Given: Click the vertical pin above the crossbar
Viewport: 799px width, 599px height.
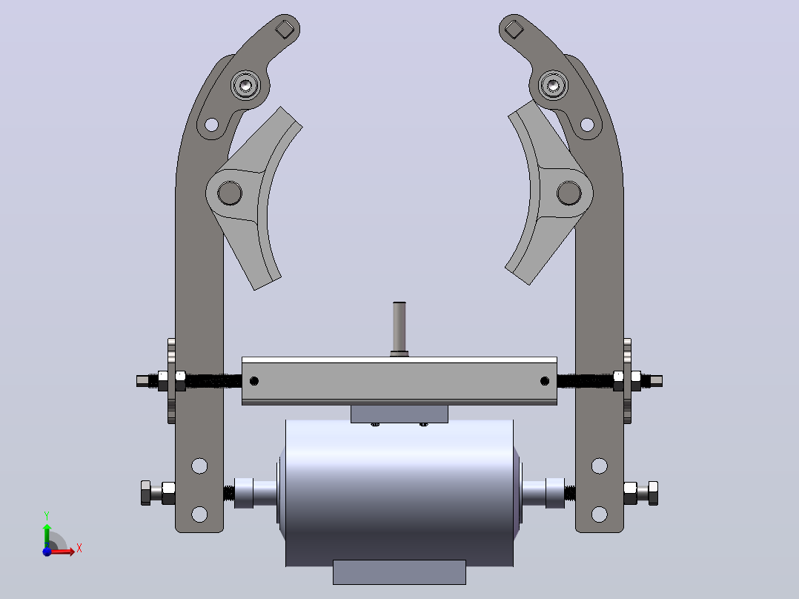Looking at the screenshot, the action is pos(399,328).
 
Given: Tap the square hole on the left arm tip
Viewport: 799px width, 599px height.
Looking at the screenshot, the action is pos(285,29).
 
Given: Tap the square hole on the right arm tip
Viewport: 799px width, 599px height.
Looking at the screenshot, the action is pos(514,29).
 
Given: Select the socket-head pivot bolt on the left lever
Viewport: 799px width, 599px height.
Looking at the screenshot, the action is pos(245,85).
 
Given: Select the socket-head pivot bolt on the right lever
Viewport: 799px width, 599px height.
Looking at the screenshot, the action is pos(553,85).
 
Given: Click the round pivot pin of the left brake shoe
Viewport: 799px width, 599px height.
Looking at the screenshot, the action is pos(230,193).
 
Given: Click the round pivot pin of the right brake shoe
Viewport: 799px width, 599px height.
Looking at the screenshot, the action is pos(568,193).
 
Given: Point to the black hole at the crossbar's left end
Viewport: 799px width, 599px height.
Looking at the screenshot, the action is pos(253,381).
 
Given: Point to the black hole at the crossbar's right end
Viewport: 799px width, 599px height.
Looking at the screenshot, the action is pos(544,381).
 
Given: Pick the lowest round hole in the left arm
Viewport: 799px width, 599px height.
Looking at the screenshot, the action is pos(199,514).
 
